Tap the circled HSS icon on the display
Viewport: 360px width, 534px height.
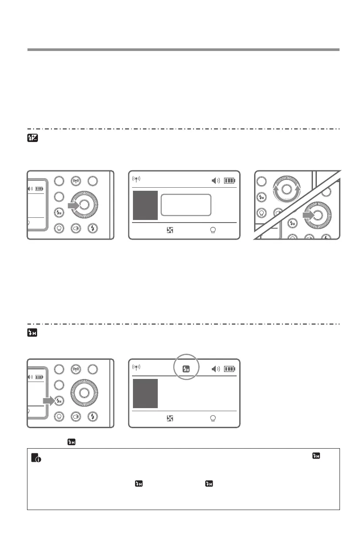(x=186, y=368)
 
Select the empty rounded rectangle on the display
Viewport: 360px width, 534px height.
(x=186, y=205)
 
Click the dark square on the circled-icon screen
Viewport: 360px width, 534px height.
(x=145, y=393)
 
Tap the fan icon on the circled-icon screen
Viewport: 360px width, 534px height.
(x=170, y=419)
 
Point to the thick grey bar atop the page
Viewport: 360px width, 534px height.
(x=183, y=50)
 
